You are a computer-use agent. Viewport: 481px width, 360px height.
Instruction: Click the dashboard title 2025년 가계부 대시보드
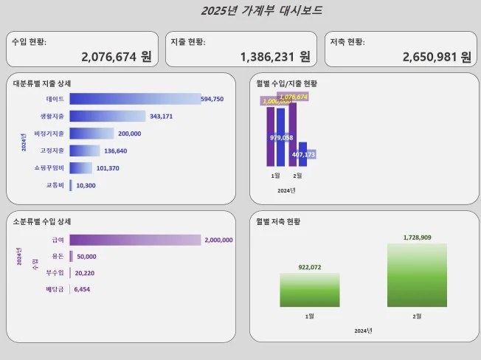262,10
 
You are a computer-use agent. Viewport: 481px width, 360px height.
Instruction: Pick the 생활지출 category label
52,117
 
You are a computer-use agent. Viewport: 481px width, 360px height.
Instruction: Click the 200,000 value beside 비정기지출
129,134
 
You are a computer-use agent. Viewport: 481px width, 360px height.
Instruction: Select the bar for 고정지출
84,150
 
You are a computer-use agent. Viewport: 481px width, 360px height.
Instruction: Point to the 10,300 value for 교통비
86,185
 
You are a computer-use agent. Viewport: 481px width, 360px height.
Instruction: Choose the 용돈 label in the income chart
58,256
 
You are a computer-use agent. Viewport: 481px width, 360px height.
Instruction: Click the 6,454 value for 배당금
82,290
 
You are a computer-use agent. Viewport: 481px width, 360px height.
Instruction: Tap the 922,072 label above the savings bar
310,267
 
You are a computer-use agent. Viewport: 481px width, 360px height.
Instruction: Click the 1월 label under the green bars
310,316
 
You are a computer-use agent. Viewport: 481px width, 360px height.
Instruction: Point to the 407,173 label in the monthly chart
304,155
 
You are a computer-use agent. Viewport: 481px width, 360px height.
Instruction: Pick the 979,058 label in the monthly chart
282,138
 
